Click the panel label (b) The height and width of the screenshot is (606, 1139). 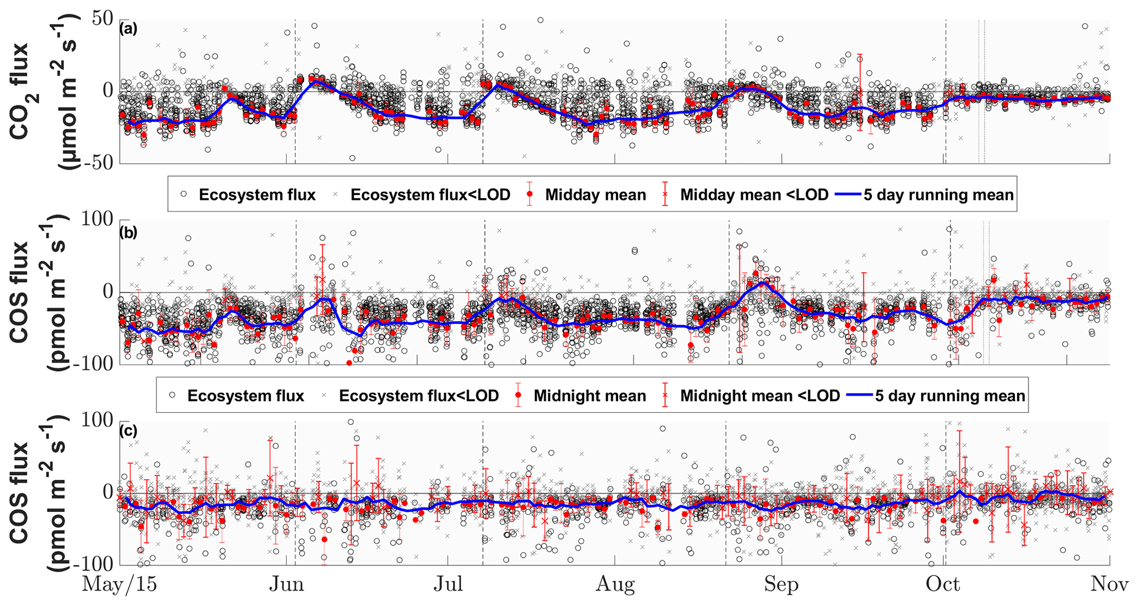[x=128, y=232]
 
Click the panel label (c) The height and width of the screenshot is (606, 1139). [x=128, y=431]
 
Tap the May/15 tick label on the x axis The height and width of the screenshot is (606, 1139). [x=119, y=585]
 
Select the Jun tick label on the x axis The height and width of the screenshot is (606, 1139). [x=287, y=585]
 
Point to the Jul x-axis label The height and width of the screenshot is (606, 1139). [x=447, y=585]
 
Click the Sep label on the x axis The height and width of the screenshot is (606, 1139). [x=781, y=585]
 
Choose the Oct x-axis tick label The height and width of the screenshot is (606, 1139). [x=943, y=585]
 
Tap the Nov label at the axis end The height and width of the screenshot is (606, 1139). [x=1109, y=585]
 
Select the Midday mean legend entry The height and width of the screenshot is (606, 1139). [x=595, y=195]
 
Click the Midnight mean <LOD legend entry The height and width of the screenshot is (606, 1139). [x=760, y=396]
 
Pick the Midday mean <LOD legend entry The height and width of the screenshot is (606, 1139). [x=754, y=195]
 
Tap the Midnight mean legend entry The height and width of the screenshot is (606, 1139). [x=590, y=396]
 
